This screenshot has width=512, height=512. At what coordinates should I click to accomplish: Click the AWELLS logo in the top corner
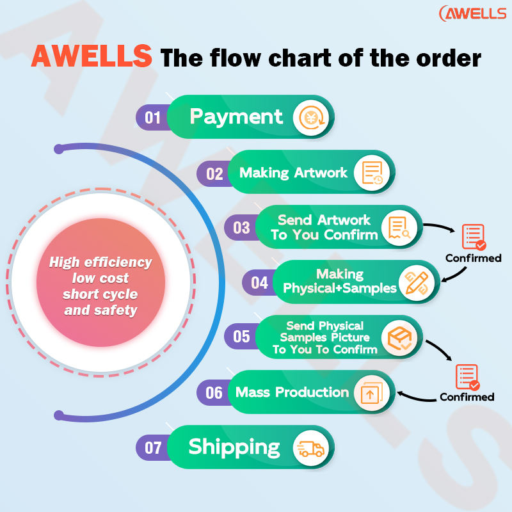pyautogui.click(x=472, y=13)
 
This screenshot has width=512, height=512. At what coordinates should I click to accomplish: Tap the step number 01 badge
pyautogui.click(x=152, y=117)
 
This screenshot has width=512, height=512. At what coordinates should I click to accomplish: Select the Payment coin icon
pyautogui.click(x=310, y=118)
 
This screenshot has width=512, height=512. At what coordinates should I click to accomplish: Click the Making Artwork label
pyautogui.click(x=293, y=173)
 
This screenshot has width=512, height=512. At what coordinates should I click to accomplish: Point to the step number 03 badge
pyautogui.click(x=241, y=227)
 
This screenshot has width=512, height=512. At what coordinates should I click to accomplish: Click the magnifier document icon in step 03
pyautogui.click(x=400, y=227)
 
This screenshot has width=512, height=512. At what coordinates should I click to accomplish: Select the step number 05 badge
pyautogui.click(x=241, y=337)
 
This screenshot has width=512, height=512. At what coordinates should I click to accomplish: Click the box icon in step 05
pyautogui.click(x=400, y=337)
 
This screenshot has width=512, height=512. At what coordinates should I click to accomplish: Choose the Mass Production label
pyautogui.click(x=292, y=392)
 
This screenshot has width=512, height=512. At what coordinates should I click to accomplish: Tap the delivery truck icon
pyautogui.click(x=310, y=447)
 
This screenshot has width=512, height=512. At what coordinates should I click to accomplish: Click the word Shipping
pyautogui.click(x=234, y=447)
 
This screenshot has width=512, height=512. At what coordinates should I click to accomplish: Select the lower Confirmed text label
pyautogui.click(x=467, y=397)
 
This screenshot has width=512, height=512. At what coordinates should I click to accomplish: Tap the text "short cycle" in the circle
pyautogui.click(x=100, y=294)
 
